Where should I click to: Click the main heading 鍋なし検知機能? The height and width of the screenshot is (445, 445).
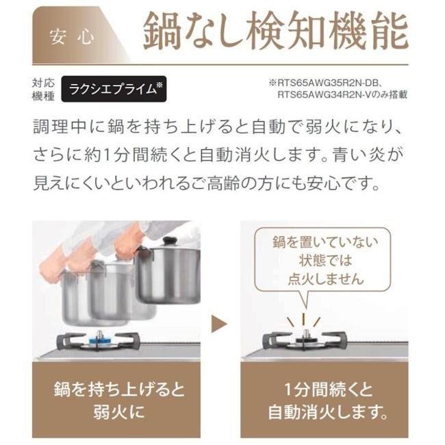[x=276, y=31]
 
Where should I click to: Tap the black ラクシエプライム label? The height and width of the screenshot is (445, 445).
[x=114, y=89]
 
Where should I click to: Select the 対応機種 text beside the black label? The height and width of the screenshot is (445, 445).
[x=43, y=90]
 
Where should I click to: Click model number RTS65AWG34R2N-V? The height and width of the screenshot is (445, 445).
[x=324, y=94]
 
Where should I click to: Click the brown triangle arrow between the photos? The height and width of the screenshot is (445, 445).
[x=219, y=324]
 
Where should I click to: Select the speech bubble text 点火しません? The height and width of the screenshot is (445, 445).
[x=325, y=279]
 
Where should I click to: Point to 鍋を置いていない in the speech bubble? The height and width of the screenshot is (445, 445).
[x=325, y=242]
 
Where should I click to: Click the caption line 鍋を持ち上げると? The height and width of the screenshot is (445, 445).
[x=119, y=389]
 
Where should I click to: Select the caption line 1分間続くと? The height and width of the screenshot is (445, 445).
[x=329, y=389]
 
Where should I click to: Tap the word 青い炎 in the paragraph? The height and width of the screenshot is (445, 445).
[x=359, y=155]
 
